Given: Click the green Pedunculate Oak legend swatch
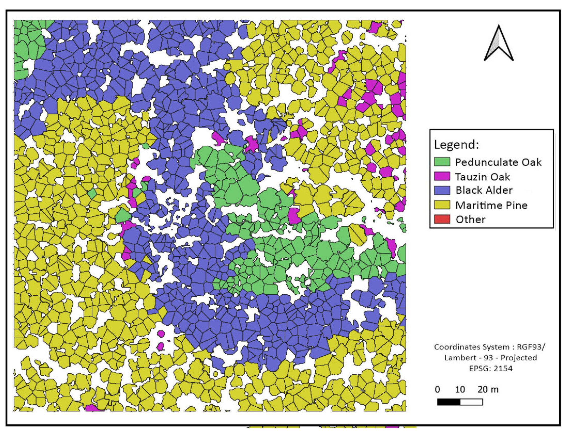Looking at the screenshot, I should click(442, 162).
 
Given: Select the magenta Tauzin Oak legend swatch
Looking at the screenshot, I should click(442, 176).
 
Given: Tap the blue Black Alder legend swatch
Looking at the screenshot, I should click(442, 190).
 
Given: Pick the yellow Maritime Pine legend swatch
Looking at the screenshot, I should click(442, 205).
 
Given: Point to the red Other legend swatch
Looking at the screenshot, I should click(442, 219).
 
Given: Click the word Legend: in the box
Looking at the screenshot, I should click(456, 144).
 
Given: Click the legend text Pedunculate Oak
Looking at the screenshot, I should click(498, 162).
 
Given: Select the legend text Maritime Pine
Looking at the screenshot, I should click(491, 205).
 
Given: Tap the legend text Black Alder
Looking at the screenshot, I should click(484, 190).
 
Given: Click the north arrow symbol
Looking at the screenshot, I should click(498, 44).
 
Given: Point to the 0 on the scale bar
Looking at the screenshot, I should click(437, 389).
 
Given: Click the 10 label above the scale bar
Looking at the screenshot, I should click(460, 389).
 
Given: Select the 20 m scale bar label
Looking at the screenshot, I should click(488, 389).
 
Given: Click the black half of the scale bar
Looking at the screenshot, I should click(449, 402).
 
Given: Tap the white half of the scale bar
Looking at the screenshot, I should click(471, 402).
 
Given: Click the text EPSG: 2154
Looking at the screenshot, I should click(490, 369).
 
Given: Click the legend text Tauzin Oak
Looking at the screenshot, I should click(482, 177).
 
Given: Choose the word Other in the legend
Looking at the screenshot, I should click(470, 219).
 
